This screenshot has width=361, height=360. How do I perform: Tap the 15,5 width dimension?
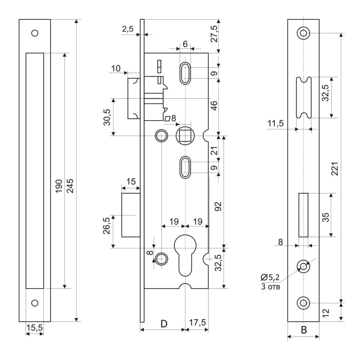tap(34, 328)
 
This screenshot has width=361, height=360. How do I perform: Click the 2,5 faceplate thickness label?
tap(128, 29)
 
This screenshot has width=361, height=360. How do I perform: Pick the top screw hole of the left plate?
tap(34, 33)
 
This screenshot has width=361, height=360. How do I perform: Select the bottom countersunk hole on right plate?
tap(304, 303)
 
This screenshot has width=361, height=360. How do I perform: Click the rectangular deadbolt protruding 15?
tap(131, 215)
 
